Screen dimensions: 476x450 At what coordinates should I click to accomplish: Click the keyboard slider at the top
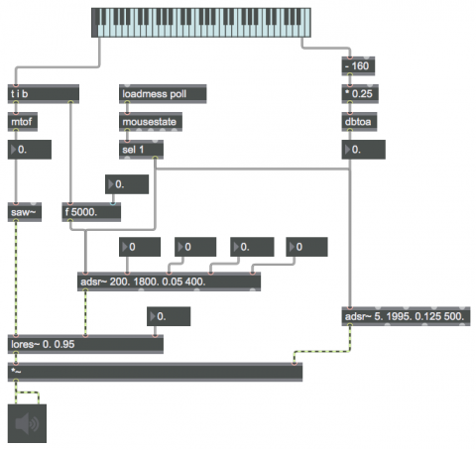(201, 23)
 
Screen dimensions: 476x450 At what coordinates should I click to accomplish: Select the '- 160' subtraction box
(358, 66)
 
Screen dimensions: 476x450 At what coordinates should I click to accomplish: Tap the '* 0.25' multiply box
(360, 94)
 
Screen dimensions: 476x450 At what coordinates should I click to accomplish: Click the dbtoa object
(359, 122)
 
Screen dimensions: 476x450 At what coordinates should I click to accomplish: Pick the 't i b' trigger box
(44, 94)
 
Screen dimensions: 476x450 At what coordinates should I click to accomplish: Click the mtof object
(23, 122)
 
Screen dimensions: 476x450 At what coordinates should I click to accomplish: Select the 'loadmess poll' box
(163, 94)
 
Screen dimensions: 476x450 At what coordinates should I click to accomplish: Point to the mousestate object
(151, 122)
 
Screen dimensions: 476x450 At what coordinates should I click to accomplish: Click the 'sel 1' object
(141, 150)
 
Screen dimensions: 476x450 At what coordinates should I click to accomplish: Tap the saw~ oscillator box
(25, 212)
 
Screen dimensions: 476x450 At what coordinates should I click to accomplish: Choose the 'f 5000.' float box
(91, 212)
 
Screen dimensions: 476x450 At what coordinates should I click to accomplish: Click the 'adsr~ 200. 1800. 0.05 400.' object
(169, 281)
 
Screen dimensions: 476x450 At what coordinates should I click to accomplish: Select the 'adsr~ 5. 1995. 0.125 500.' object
(406, 316)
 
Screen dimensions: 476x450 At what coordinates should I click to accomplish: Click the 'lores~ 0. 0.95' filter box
(85, 344)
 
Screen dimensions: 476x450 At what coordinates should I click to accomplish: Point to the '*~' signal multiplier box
(155, 372)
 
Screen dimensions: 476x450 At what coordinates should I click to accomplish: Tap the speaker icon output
(27, 423)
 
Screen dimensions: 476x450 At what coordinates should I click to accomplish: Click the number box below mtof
(30, 150)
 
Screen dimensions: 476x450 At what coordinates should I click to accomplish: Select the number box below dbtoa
(363, 150)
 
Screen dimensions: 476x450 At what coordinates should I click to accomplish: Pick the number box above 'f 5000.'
(127, 184)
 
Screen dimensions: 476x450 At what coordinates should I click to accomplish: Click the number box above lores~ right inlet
(169, 316)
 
